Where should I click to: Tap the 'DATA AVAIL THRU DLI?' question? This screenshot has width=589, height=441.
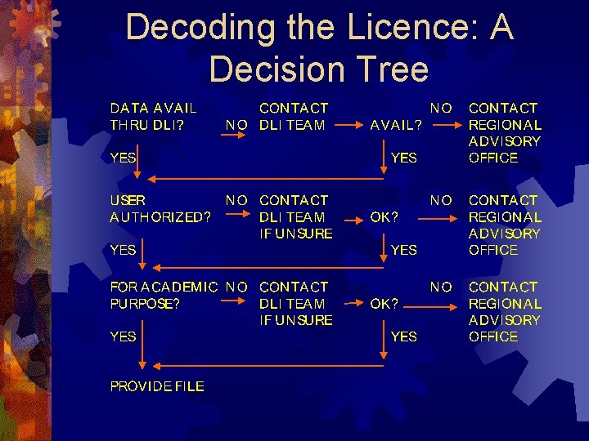click(x=154, y=116)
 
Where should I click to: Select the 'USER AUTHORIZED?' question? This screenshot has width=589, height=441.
click(x=160, y=208)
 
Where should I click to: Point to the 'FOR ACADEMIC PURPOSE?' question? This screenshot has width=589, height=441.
click(x=164, y=295)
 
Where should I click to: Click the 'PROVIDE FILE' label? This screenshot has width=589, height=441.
click(x=157, y=386)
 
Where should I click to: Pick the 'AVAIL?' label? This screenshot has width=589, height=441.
click(x=397, y=126)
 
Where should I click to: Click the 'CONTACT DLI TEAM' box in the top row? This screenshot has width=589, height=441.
click(x=293, y=116)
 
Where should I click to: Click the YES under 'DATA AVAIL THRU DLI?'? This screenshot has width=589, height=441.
click(x=124, y=158)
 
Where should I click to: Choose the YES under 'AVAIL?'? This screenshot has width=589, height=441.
click(x=404, y=158)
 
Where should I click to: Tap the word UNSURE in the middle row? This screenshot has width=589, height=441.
click(x=304, y=234)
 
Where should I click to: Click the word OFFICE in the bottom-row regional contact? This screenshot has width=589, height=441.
click(x=493, y=336)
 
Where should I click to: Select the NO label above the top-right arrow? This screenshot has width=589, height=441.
click(x=441, y=108)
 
